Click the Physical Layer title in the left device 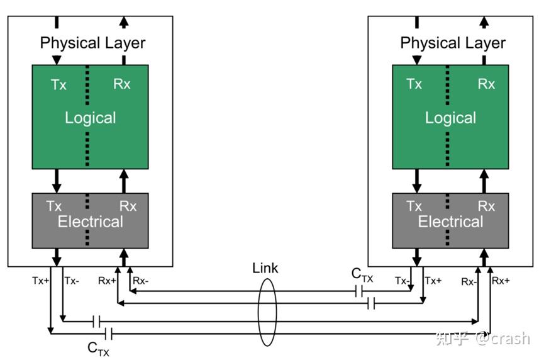[x=92, y=43]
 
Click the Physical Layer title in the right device [x=453, y=43]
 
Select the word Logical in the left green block [x=90, y=118]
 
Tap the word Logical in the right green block [x=450, y=118]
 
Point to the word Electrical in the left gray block [x=90, y=222]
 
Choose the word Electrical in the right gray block [x=450, y=222]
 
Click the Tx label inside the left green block [x=58, y=84]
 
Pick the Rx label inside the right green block [x=486, y=84]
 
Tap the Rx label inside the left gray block [x=128, y=206]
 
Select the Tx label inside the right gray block [x=414, y=206]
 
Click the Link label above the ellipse [x=265, y=269]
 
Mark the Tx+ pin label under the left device [x=40, y=281]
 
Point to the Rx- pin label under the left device [x=141, y=281]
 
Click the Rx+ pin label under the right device [x=501, y=281]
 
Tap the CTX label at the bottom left [x=98, y=347]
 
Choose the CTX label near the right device [x=362, y=274]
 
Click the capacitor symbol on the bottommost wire [x=108, y=333]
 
